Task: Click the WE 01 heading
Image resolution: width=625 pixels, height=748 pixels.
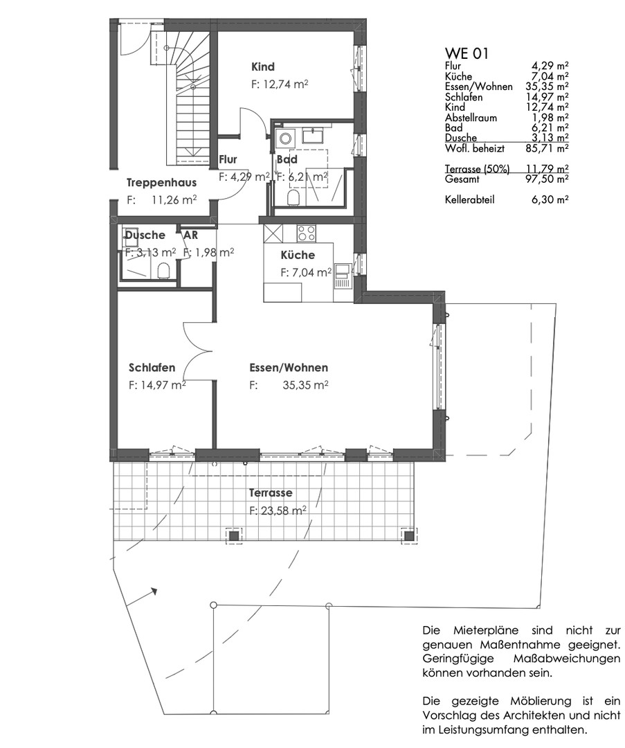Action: (467, 53)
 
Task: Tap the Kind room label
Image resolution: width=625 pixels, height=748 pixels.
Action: (263, 66)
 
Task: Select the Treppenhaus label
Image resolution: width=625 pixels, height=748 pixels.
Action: (161, 182)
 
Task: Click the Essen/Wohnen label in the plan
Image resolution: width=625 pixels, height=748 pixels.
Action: (289, 368)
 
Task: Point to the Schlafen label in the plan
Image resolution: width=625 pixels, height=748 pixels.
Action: (152, 368)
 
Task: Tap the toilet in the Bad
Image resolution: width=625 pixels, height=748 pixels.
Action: (293, 198)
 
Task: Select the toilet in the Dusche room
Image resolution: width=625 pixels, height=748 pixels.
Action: (164, 271)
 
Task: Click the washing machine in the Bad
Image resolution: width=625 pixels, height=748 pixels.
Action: (286, 139)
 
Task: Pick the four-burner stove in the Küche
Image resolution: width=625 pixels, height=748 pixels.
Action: (307, 233)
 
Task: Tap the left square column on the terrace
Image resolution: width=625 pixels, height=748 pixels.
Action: (233, 535)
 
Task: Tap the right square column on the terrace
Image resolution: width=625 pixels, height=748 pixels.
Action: (408, 535)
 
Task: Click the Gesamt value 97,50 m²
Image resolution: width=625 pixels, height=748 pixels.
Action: (550, 179)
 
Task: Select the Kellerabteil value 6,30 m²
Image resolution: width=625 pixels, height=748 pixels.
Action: (550, 199)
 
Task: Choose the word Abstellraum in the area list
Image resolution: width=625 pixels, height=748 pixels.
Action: (471, 117)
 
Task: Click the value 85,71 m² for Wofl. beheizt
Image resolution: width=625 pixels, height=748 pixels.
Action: (550, 148)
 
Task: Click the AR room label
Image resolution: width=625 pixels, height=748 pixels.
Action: (191, 235)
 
